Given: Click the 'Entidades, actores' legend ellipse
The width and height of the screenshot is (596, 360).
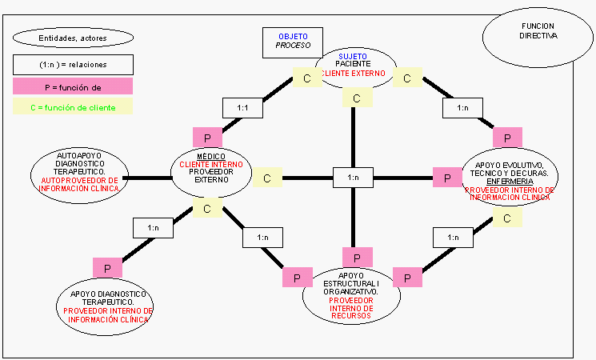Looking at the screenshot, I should click(x=73, y=37).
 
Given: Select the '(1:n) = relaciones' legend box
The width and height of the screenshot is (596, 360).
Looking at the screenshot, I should click(x=73, y=64).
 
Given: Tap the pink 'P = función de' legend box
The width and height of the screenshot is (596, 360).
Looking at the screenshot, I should click(x=73, y=86).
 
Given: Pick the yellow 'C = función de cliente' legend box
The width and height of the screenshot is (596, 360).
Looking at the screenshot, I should click(x=73, y=106).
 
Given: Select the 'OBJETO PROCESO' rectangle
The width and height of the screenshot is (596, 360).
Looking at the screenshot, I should click(x=292, y=42).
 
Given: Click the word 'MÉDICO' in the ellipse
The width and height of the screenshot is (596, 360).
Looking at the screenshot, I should click(x=210, y=156).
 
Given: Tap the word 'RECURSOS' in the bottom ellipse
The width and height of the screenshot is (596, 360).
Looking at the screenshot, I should click(x=351, y=316).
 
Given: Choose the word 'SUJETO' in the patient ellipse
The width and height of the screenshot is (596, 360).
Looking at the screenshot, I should click(x=354, y=56).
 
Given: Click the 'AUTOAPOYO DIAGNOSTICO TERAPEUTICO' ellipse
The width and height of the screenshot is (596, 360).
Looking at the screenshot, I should click(x=80, y=173).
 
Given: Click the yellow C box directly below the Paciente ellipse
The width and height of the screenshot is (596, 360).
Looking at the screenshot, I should click(x=357, y=98).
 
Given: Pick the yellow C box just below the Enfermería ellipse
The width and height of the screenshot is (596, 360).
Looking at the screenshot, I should click(x=507, y=217).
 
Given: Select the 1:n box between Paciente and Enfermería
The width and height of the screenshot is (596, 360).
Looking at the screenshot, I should click(x=462, y=107).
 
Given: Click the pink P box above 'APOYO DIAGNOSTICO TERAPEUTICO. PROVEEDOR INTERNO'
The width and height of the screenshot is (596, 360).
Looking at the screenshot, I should click(x=107, y=267).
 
